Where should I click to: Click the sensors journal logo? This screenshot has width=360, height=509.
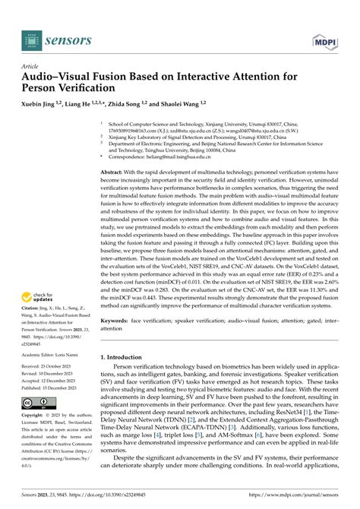[x=51, y=36]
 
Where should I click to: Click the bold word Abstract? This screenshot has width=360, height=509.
[x=115, y=173]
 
